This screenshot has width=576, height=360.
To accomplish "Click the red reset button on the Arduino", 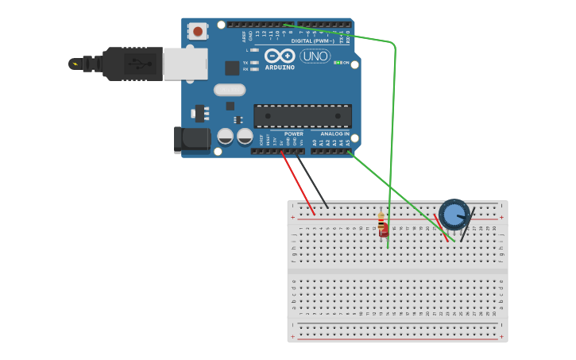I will point(197,32).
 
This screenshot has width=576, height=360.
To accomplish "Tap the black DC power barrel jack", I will point(191,140).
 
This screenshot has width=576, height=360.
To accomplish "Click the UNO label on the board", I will point(315,56).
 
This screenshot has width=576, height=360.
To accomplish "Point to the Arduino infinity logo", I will point(280,56).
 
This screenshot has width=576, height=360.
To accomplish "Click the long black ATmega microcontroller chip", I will point(302,116).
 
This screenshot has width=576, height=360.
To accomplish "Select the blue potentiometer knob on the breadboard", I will point(454,215).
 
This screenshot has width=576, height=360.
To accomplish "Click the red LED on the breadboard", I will point(384,231).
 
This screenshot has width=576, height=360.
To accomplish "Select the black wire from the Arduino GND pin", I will point(311,179).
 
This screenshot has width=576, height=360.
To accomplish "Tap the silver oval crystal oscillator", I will point(229,90).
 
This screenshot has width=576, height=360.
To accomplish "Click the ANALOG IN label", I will point(334,134).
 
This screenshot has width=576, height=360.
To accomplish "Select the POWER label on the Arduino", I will point(293,134).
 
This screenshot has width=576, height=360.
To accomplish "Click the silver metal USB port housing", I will point(185,64).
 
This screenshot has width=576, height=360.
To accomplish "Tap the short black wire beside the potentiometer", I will point(467,224).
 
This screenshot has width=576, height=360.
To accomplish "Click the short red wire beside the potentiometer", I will point(440,227).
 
